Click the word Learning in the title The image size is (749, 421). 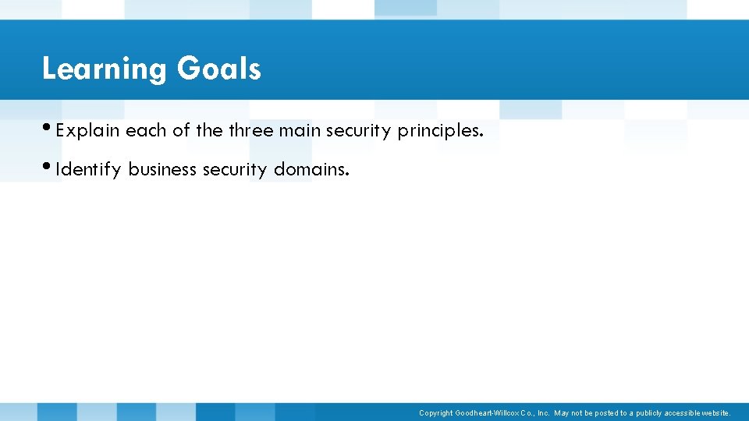[x=105, y=69]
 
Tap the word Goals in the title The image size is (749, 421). [x=218, y=69]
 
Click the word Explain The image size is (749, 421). [x=87, y=131]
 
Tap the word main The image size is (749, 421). [x=300, y=130]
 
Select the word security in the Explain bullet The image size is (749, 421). [x=359, y=131]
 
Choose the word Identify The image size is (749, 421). [x=89, y=169]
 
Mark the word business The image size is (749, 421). [x=162, y=168]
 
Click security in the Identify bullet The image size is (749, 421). [x=235, y=169]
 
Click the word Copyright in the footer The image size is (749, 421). [x=435, y=413]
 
